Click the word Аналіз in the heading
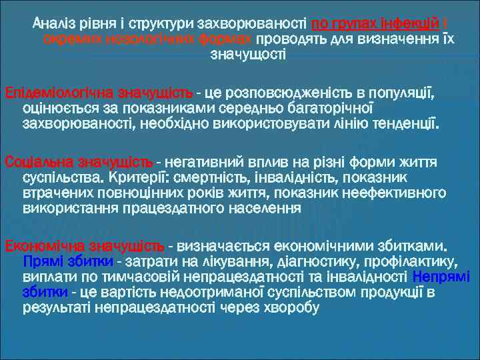click(x=53, y=25)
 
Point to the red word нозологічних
click(x=148, y=39)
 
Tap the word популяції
click(x=403, y=91)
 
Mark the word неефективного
click(x=393, y=194)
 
